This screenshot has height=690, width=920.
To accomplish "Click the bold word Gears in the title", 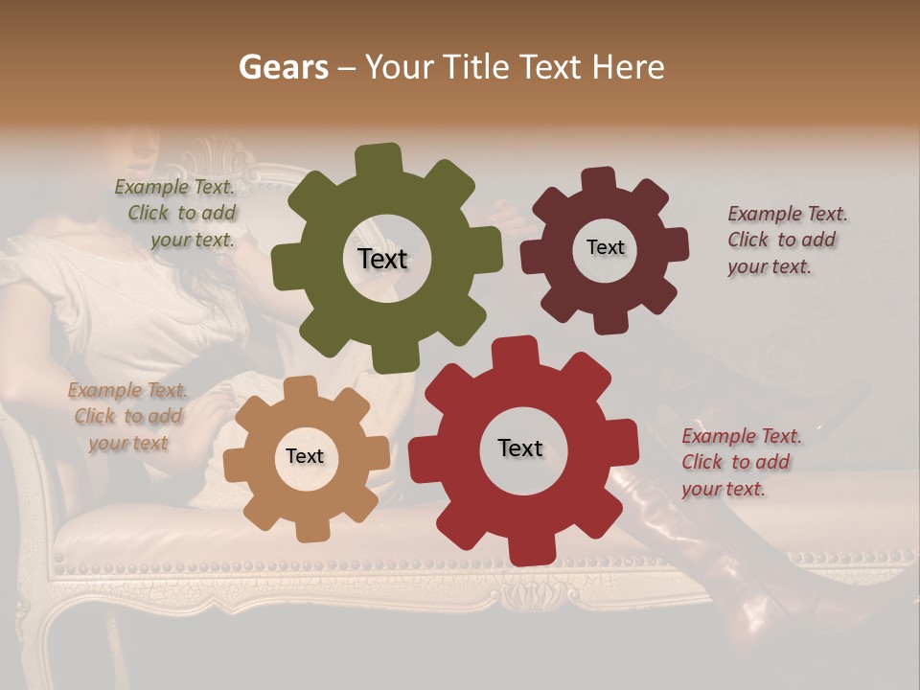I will point(282,67).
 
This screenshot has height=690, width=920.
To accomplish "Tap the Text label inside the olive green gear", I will point(382,259).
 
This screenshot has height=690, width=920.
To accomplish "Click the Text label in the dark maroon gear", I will point(605,247).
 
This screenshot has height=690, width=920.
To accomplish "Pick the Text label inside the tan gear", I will point(305,456).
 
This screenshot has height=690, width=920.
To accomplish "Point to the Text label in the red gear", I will point(520,448).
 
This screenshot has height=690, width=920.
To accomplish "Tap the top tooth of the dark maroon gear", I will point(599,179).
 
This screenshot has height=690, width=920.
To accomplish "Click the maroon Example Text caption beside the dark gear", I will point(786,240).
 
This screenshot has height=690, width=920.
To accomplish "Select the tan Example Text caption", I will point(128,416).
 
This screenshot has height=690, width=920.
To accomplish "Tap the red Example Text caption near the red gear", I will point(740,462).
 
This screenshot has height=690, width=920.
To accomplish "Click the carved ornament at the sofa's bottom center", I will point(523,596).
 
